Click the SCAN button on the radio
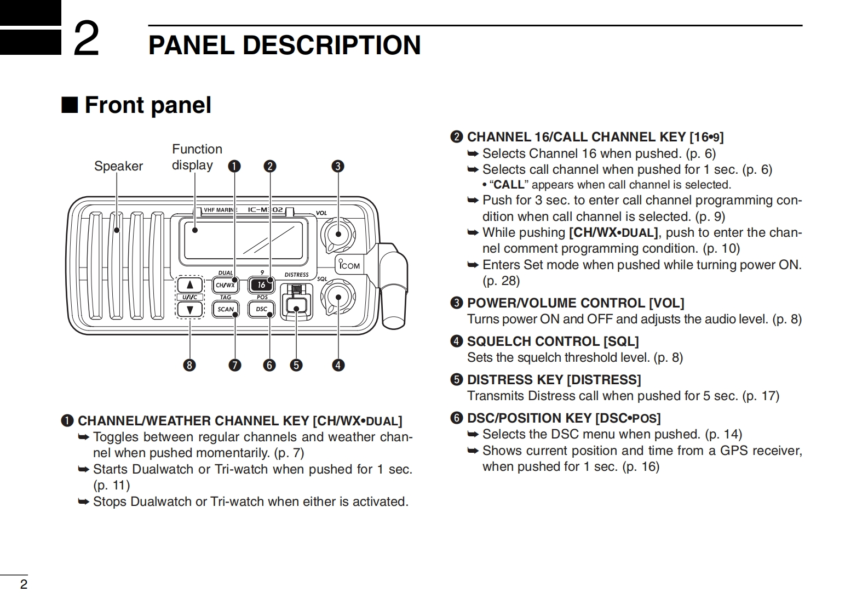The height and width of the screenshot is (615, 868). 225,309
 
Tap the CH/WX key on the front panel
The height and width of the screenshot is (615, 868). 225,285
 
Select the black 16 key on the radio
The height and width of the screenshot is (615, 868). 262,285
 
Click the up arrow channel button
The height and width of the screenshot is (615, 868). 190,285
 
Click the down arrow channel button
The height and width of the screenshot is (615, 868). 190,310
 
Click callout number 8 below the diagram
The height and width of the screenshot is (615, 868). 189,365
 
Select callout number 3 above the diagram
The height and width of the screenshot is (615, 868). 338,166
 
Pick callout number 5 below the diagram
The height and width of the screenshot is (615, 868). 296,365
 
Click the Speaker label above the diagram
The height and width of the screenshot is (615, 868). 118,166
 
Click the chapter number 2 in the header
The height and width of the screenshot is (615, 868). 87,38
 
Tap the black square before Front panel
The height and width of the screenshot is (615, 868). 70,105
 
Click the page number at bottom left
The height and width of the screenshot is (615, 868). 24,584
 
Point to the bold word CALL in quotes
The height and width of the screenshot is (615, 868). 509,185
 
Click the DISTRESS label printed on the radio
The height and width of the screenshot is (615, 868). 296,275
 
